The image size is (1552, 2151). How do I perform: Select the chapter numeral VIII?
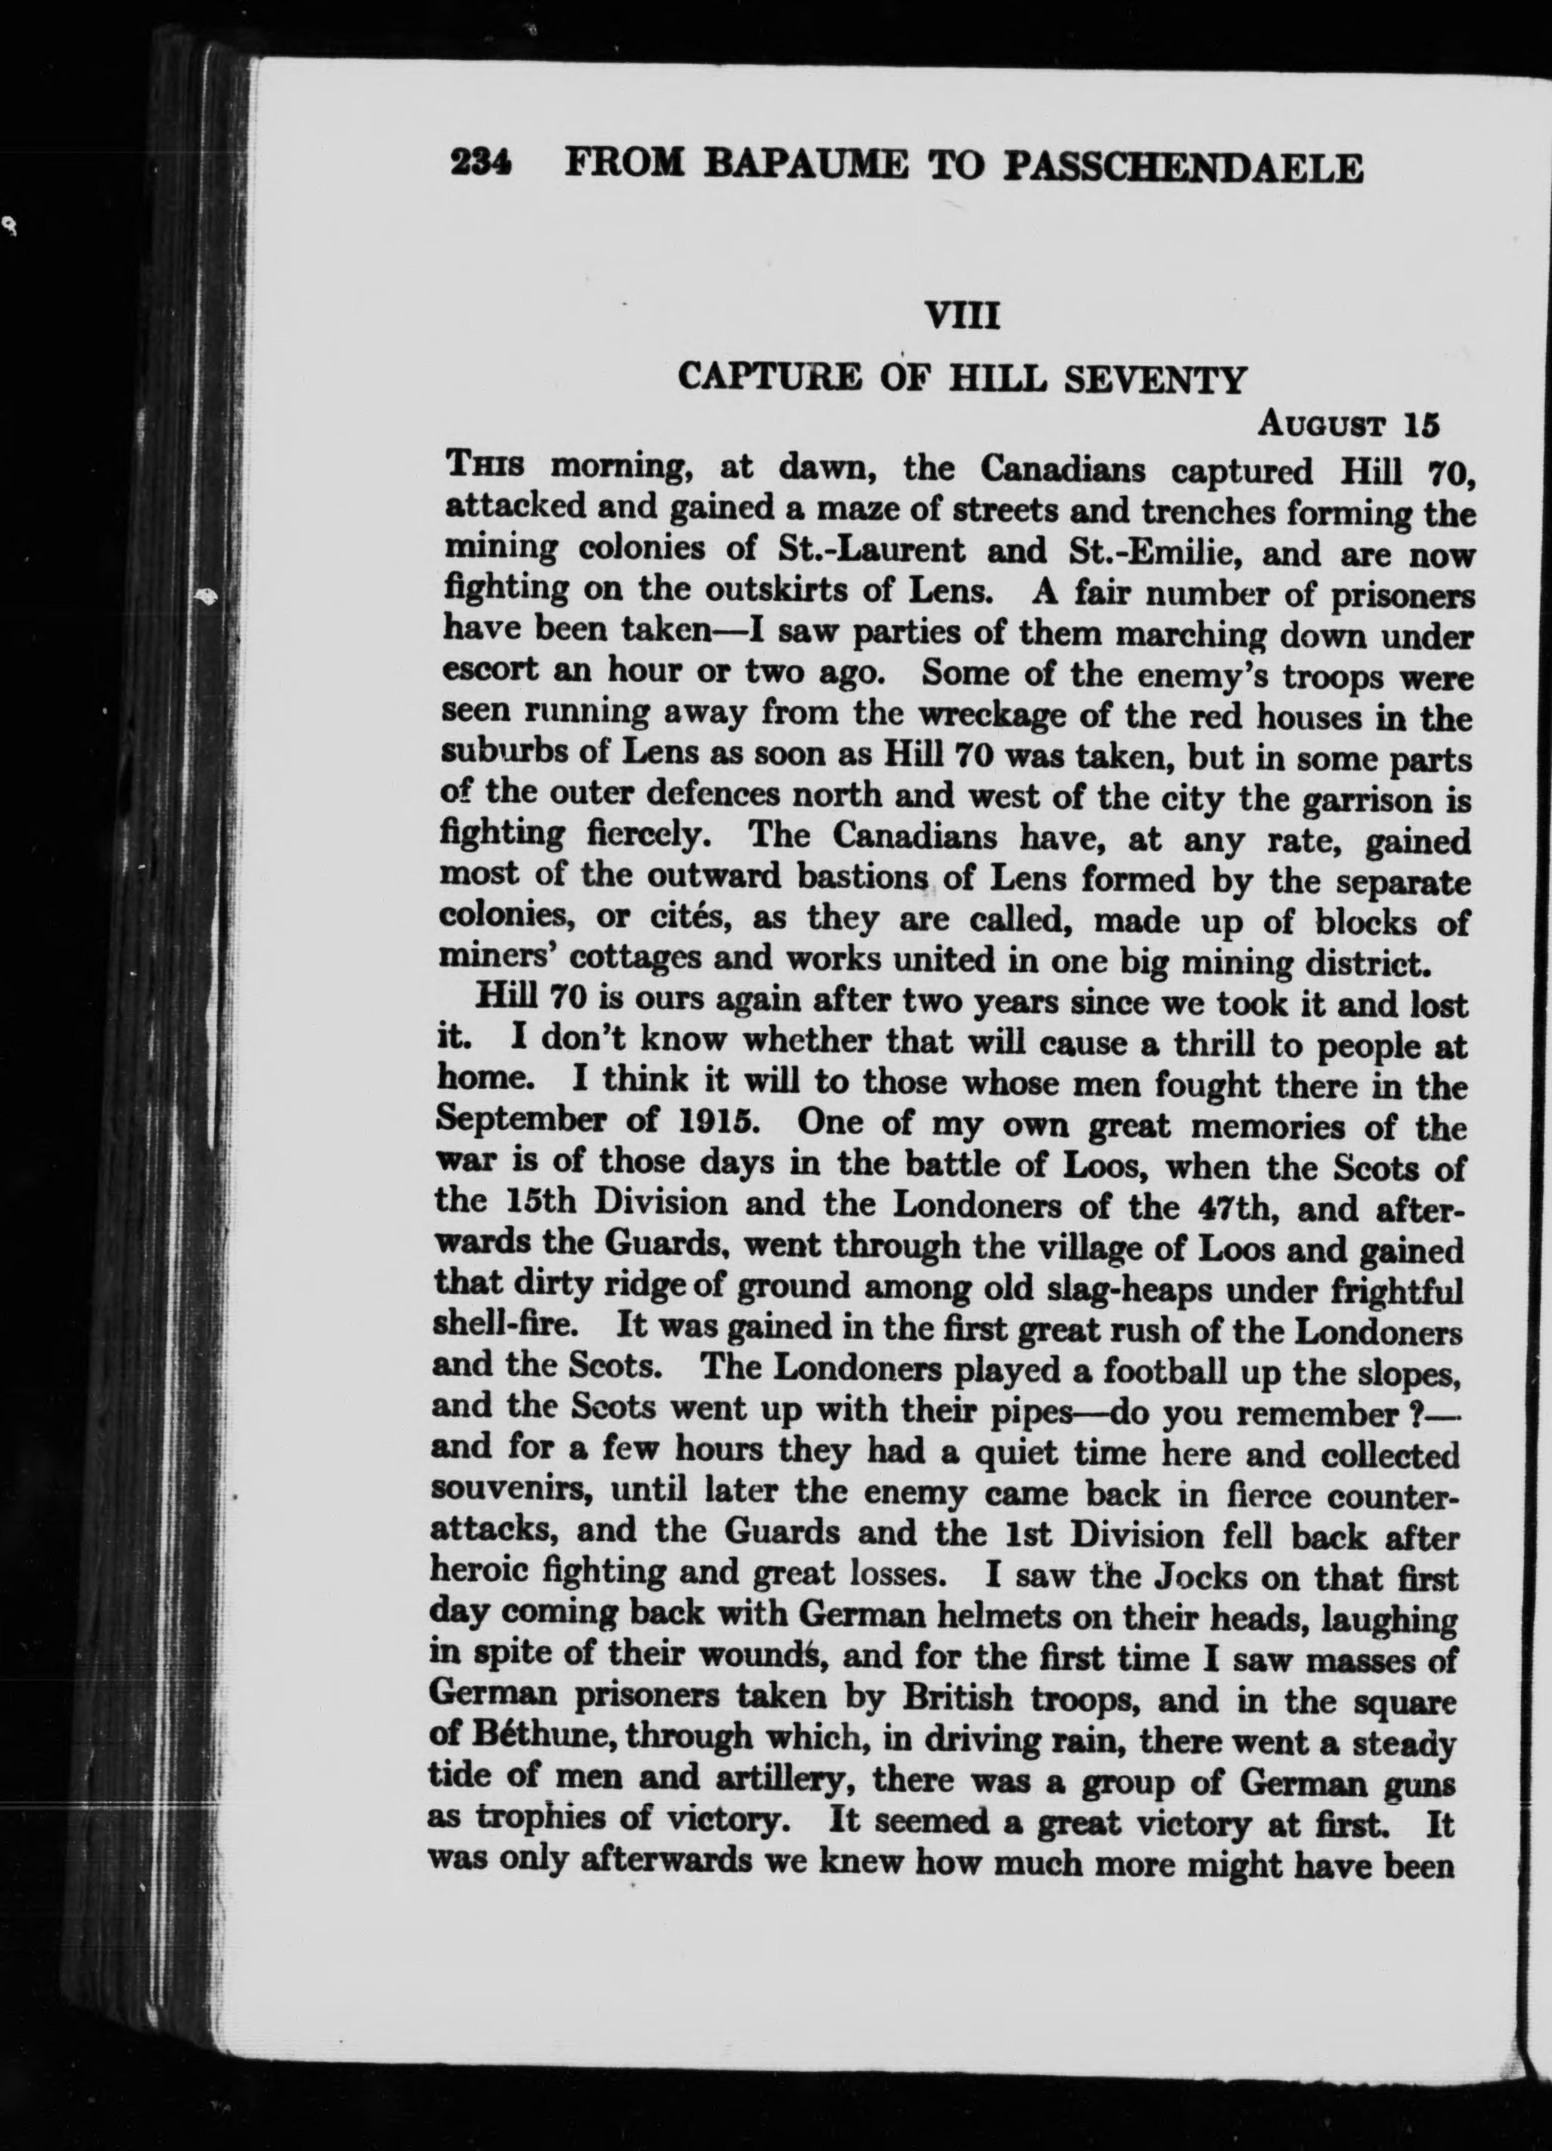962,313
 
